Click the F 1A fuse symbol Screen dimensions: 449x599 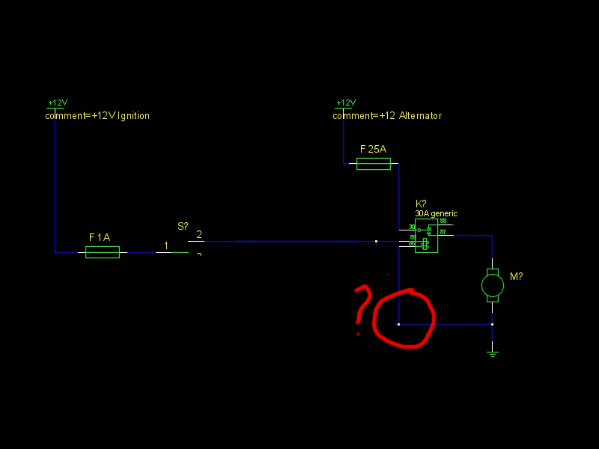pos(103,252)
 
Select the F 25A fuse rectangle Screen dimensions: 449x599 pos(373,163)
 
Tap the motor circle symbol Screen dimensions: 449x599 pos(492,284)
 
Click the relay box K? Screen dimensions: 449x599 pos(427,236)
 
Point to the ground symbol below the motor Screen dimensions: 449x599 pos(492,352)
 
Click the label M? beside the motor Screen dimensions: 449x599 pos(516,276)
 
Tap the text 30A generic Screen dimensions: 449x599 pos(436,213)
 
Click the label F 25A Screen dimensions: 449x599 pos(373,149)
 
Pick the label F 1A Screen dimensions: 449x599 pos(100,237)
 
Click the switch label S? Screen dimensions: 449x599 pos(183,225)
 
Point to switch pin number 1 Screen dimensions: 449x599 pos(166,245)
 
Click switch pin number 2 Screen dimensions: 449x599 pos(198,235)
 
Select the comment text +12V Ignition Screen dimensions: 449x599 pos(97,116)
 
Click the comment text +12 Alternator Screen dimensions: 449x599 pos(387,116)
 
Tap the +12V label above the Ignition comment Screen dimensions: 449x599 pos(58,103)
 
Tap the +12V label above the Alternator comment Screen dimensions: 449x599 pos(345,103)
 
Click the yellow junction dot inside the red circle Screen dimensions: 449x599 pos(398,324)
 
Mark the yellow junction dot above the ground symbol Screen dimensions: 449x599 pos(492,324)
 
